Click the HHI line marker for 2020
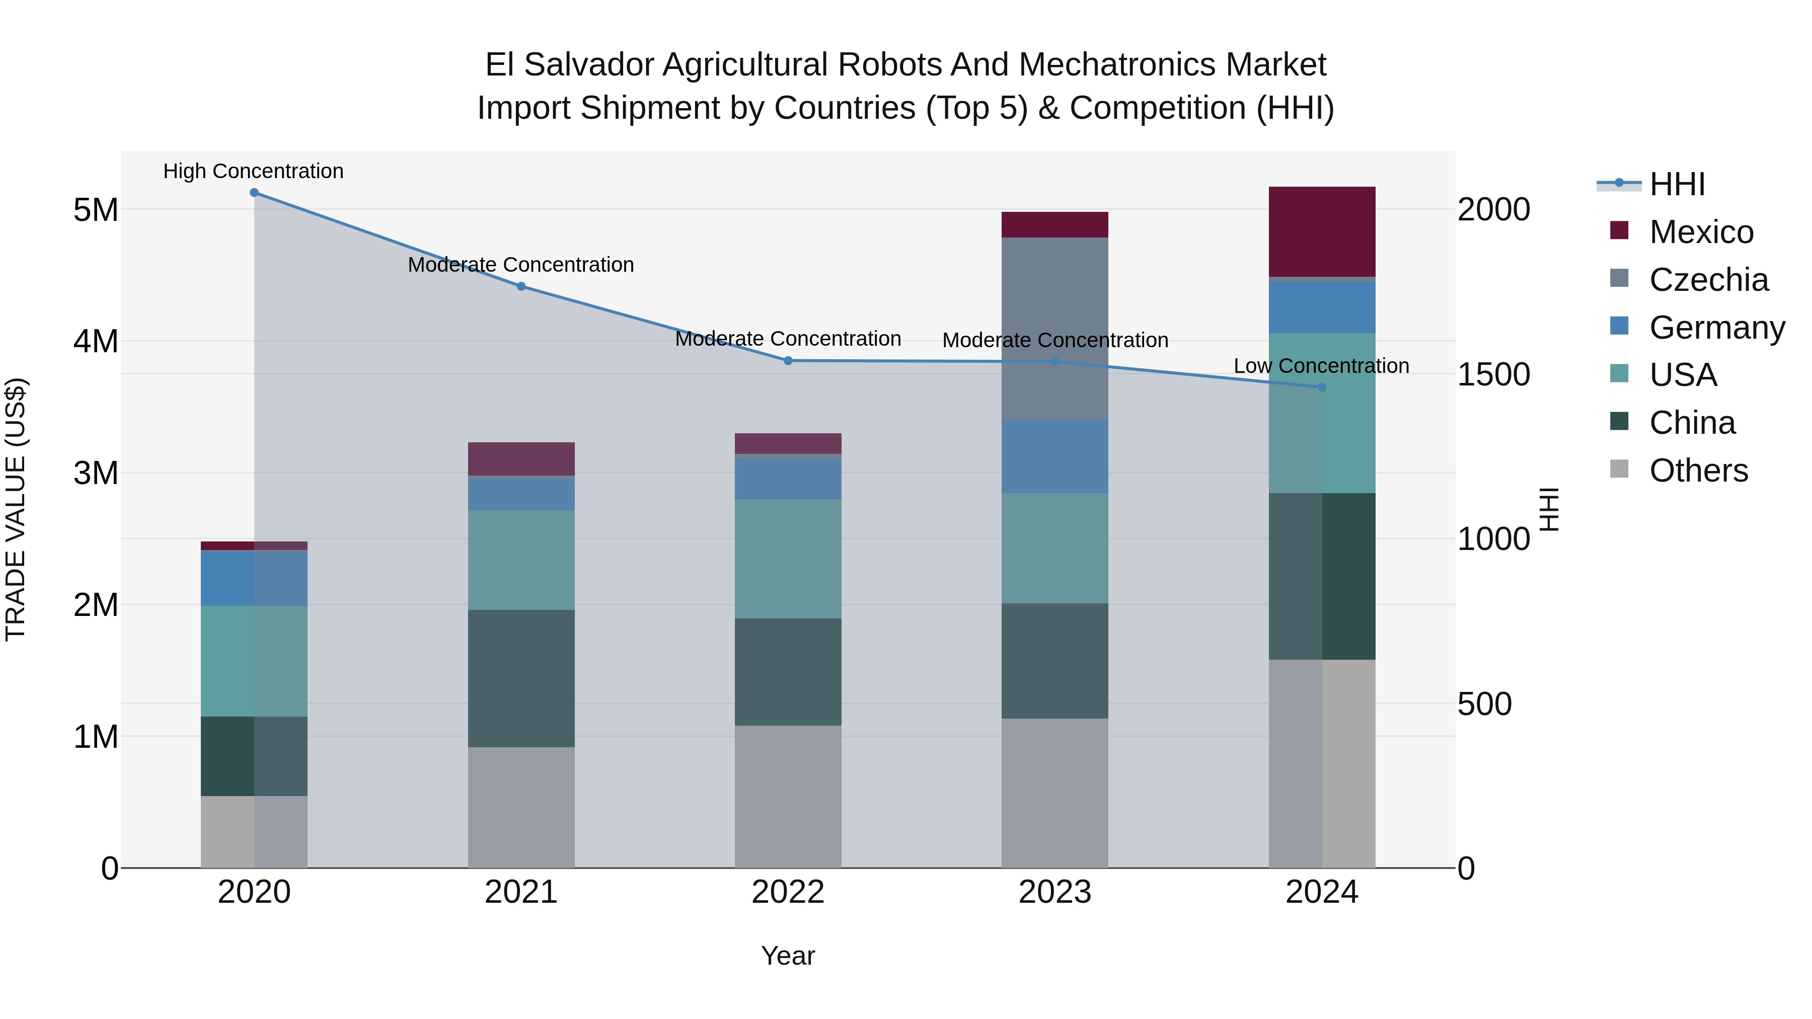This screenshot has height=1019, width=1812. (254, 193)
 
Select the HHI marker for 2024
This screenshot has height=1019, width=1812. (1322, 387)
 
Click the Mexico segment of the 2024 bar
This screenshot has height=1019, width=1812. (1322, 232)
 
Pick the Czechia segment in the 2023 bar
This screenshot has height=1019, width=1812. (1054, 329)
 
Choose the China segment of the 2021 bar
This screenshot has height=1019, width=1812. (521, 679)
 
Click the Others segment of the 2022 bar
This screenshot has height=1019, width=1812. (788, 797)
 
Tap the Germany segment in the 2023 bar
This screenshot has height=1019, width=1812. (1054, 456)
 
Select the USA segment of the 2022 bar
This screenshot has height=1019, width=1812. (788, 559)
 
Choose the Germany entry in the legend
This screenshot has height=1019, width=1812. (1717, 328)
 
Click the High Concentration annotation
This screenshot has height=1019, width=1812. (253, 172)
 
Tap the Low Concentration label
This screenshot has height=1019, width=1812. (1321, 366)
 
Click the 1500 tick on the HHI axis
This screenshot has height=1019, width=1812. (1493, 375)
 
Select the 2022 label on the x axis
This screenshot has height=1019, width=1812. (788, 892)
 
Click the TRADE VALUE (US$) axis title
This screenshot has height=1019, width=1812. (16, 510)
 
